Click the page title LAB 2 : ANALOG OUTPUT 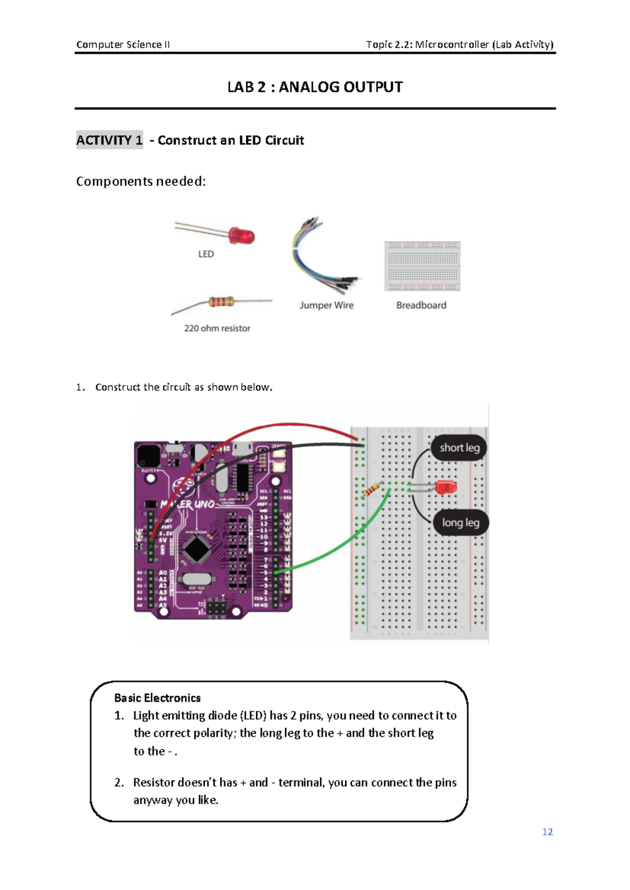(315, 87)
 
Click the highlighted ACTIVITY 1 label (109, 140)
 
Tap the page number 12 (548, 832)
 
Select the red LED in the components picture (242, 236)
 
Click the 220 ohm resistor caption (217, 329)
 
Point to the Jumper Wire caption (327, 305)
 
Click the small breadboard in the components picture (422, 266)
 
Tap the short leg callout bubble (459, 448)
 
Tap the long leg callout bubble (460, 523)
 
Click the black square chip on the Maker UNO (197, 549)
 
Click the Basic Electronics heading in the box (157, 698)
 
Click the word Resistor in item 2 (154, 782)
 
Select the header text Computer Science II (123, 45)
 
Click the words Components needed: (141, 182)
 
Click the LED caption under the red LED (206, 255)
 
